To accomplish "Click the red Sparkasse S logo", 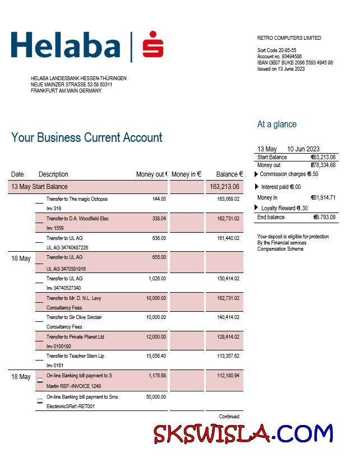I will (x=153, y=45).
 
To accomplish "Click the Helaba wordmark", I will (x=65, y=46).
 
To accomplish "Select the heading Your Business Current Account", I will (x=86, y=137).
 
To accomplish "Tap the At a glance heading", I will (x=276, y=124).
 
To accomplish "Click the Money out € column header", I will (x=151, y=174).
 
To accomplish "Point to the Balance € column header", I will (x=229, y=174).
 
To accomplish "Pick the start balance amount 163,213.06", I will (x=224, y=187).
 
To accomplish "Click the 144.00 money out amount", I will (x=159, y=199).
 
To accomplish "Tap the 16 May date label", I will (x=21, y=259).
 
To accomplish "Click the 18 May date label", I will (x=21, y=377).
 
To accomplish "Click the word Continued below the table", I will (x=229, y=417).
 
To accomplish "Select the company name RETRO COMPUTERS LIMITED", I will (x=289, y=38).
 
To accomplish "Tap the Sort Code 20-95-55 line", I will (x=276, y=50).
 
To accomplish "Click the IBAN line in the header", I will (x=294, y=63).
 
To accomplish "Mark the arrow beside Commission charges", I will (x=257, y=174).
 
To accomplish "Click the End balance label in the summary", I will (x=271, y=217).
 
